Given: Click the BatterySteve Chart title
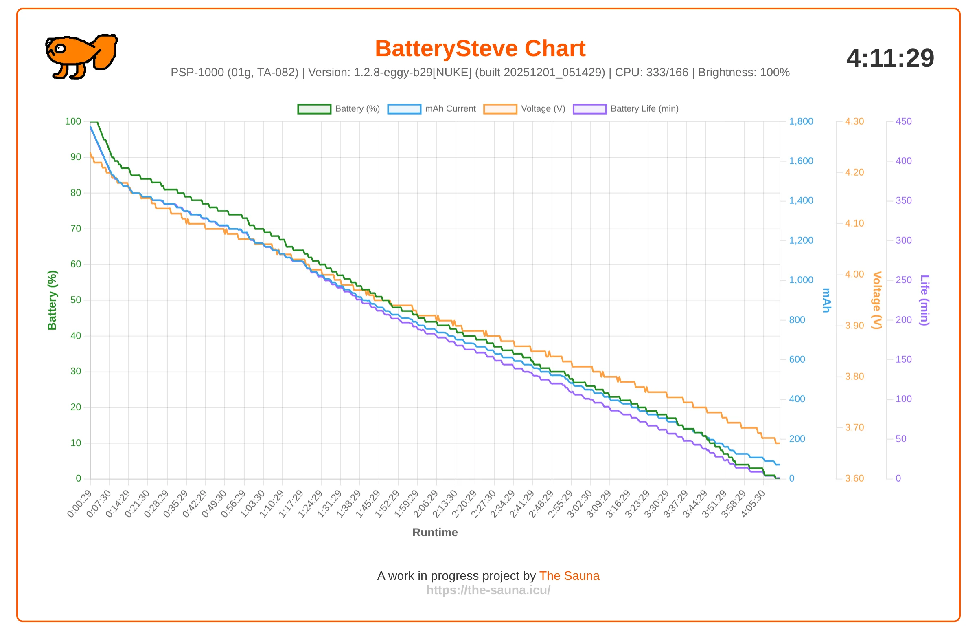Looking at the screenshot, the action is (480, 48).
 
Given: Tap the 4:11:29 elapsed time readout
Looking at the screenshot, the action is (890, 58).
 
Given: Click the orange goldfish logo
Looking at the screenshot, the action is (81, 57).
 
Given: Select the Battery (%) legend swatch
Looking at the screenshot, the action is (314, 109).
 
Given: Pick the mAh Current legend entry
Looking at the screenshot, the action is (432, 109).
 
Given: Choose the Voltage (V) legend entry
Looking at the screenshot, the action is (525, 109).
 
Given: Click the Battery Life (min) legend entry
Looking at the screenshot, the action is (626, 109).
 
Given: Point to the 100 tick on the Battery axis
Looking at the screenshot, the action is (73, 121).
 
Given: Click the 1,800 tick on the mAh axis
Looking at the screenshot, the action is (801, 121).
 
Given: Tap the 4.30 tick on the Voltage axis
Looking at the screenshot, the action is (854, 121).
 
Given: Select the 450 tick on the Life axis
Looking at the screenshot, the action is (903, 121).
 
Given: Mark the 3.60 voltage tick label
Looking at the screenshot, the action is (854, 478).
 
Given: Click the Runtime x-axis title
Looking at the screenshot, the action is (435, 532).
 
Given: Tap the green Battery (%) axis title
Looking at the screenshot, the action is (52, 300).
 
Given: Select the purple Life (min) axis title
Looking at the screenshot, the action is (924, 300).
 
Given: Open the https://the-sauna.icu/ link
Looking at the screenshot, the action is (488, 590).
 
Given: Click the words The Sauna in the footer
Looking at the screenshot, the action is (569, 575).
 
